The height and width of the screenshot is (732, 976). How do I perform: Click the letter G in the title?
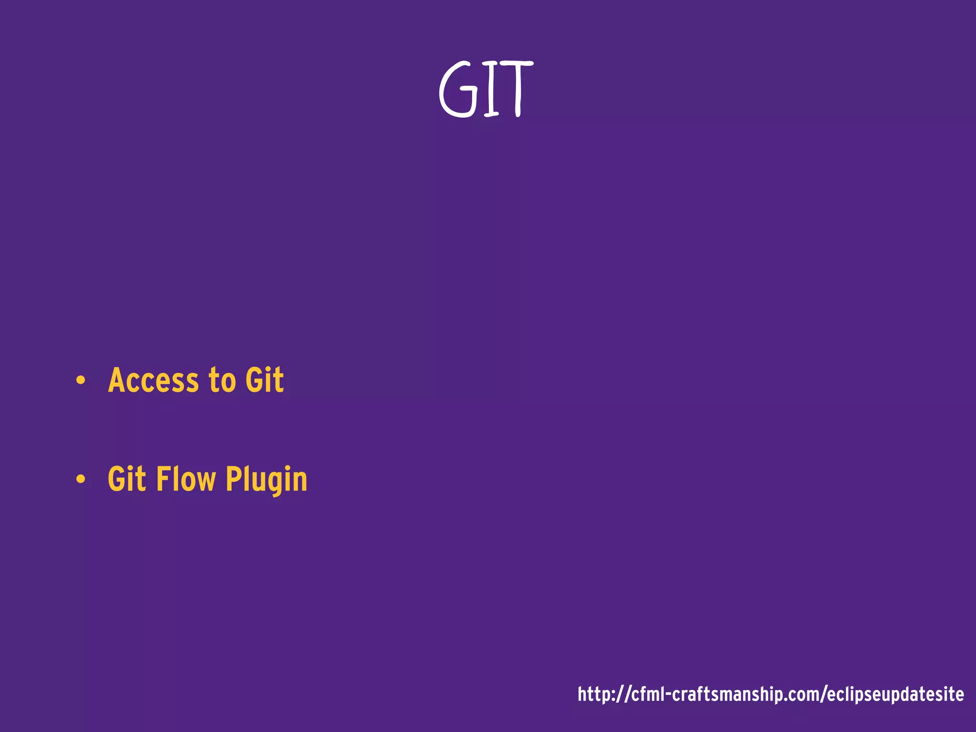pos(458,90)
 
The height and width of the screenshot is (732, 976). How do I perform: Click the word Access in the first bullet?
pos(153,381)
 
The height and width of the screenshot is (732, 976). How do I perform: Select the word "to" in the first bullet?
pos(222,381)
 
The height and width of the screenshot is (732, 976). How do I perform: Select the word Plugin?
pos(266,479)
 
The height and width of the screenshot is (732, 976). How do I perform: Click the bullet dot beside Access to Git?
pos(81,381)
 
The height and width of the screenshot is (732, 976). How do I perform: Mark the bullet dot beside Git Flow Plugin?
pos(81,479)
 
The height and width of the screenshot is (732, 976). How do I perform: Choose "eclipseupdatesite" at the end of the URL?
pos(895,695)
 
